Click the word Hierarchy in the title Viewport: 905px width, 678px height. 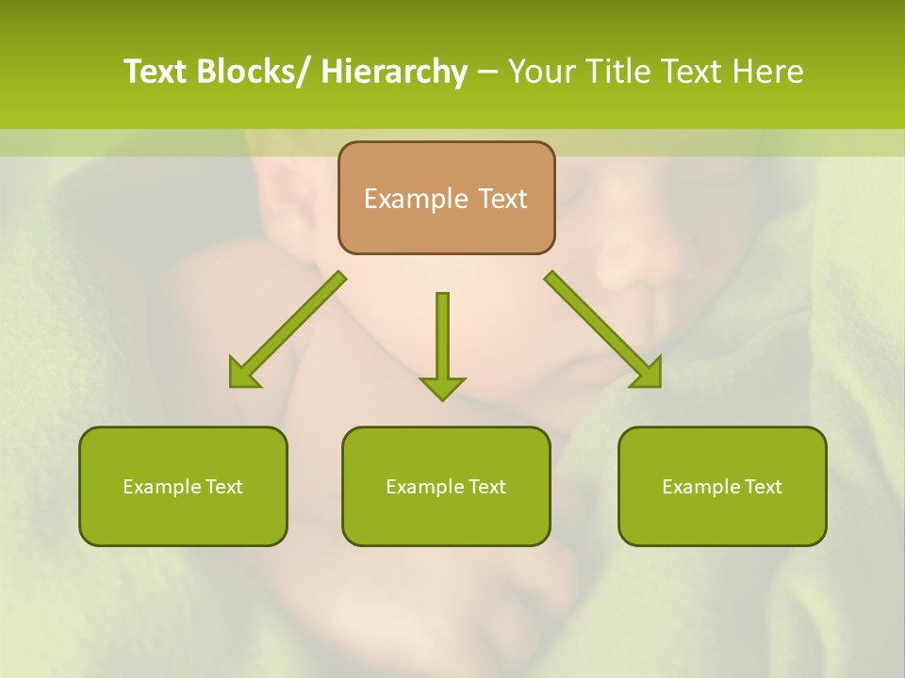click(394, 72)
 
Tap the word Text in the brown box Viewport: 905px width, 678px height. click(502, 199)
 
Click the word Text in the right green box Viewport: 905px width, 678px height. click(762, 487)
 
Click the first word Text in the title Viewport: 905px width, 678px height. click(156, 72)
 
